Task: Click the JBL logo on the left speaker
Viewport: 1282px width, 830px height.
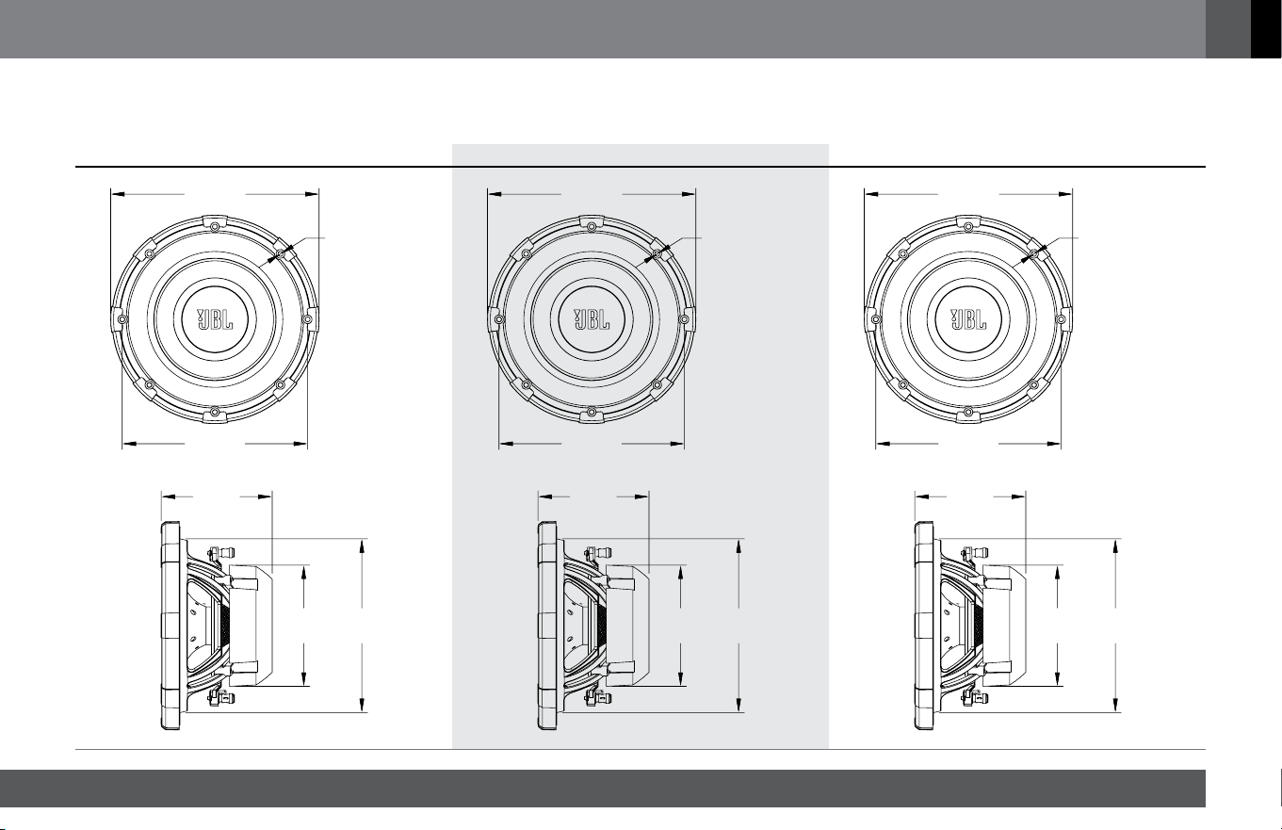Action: point(215,319)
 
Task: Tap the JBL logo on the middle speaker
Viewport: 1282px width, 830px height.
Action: point(592,319)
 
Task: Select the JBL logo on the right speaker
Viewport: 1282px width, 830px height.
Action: point(968,319)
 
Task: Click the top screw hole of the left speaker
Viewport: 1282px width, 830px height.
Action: point(215,227)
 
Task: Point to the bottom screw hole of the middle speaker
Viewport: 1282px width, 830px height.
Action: point(592,412)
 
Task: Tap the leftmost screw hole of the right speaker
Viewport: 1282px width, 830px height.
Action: point(875,318)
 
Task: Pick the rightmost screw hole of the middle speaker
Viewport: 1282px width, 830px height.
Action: point(684,318)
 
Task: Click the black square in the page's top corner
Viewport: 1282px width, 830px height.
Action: point(1265,28)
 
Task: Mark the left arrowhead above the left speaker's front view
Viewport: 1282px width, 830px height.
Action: point(119,194)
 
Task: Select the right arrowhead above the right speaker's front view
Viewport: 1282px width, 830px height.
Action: point(1065,194)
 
